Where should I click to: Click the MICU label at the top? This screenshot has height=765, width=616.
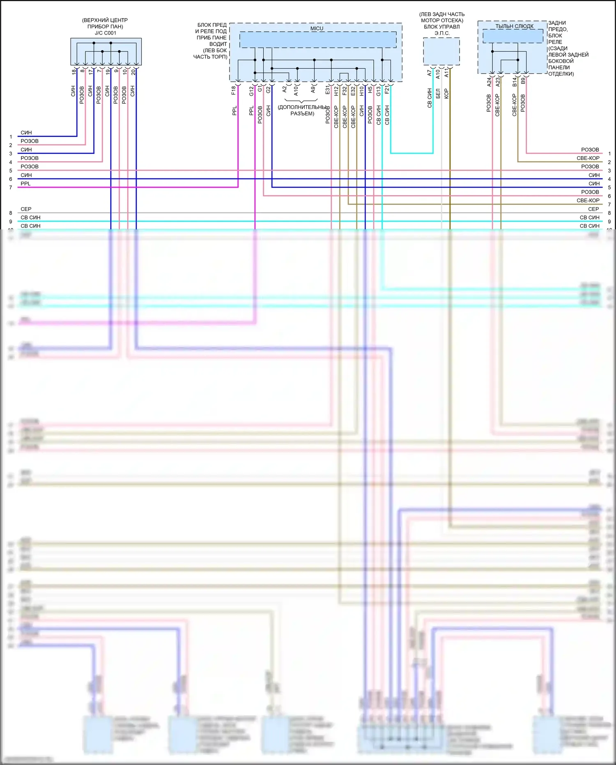[x=317, y=28]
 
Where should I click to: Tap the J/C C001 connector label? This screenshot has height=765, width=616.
[x=106, y=33]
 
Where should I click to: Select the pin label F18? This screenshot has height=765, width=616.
[x=234, y=90]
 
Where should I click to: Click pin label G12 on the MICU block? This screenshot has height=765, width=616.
[x=251, y=91]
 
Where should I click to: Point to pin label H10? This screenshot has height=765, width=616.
[x=362, y=91]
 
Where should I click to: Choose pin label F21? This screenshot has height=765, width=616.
[x=387, y=90]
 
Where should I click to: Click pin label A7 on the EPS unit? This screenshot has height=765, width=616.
[x=430, y=73]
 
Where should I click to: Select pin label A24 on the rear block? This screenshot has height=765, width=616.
[x=489, y=82]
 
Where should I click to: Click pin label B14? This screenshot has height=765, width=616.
[x=515, y=82]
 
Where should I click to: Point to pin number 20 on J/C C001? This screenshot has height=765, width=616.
[x=133, y=72]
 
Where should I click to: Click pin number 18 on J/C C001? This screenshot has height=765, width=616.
[x=74, y=72]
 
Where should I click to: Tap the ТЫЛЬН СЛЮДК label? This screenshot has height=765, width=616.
[x=514, y=26]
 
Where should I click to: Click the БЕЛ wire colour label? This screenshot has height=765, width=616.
[x=438, y=93]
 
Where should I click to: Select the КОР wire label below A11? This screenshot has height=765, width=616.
[x=446, y=93]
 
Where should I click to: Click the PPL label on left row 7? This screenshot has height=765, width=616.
[x=25, y=183]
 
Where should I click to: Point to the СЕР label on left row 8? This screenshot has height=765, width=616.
[x=26, y=209]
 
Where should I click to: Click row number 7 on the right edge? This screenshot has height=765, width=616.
[x=609, y=204]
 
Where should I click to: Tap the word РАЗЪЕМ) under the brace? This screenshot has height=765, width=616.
[x=302, y=113]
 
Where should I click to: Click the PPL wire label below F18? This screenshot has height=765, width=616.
[x=234, y=111]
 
